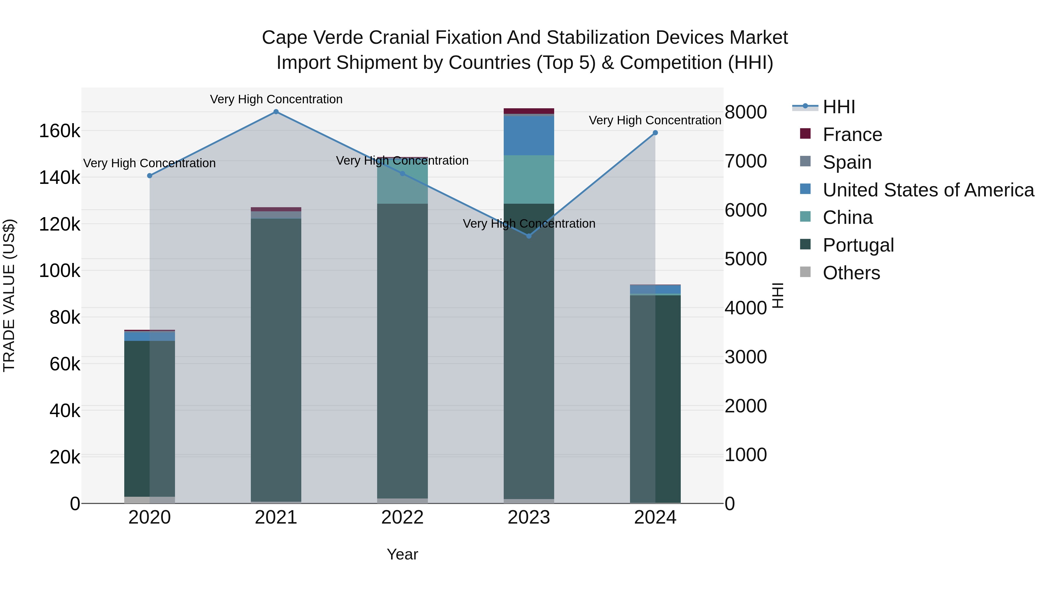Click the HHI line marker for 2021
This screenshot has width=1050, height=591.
[276, 112]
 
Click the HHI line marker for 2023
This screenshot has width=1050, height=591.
[529, 236]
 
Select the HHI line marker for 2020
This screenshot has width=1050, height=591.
[150, 176]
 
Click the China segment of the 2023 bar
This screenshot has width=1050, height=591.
[529, 179]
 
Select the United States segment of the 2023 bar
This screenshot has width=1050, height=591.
[529, 136]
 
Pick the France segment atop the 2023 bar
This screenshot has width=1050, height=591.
[529, 111]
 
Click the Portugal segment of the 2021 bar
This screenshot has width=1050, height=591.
[276, 359]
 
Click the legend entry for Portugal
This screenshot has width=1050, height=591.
[858, 245]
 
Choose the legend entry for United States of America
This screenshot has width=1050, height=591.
[928, 190]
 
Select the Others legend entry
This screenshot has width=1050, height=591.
[851, 273]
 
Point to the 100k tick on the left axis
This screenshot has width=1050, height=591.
[60, 271]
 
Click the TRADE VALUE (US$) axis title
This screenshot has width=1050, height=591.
[9, 295]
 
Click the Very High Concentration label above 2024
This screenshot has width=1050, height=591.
[655, 120]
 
